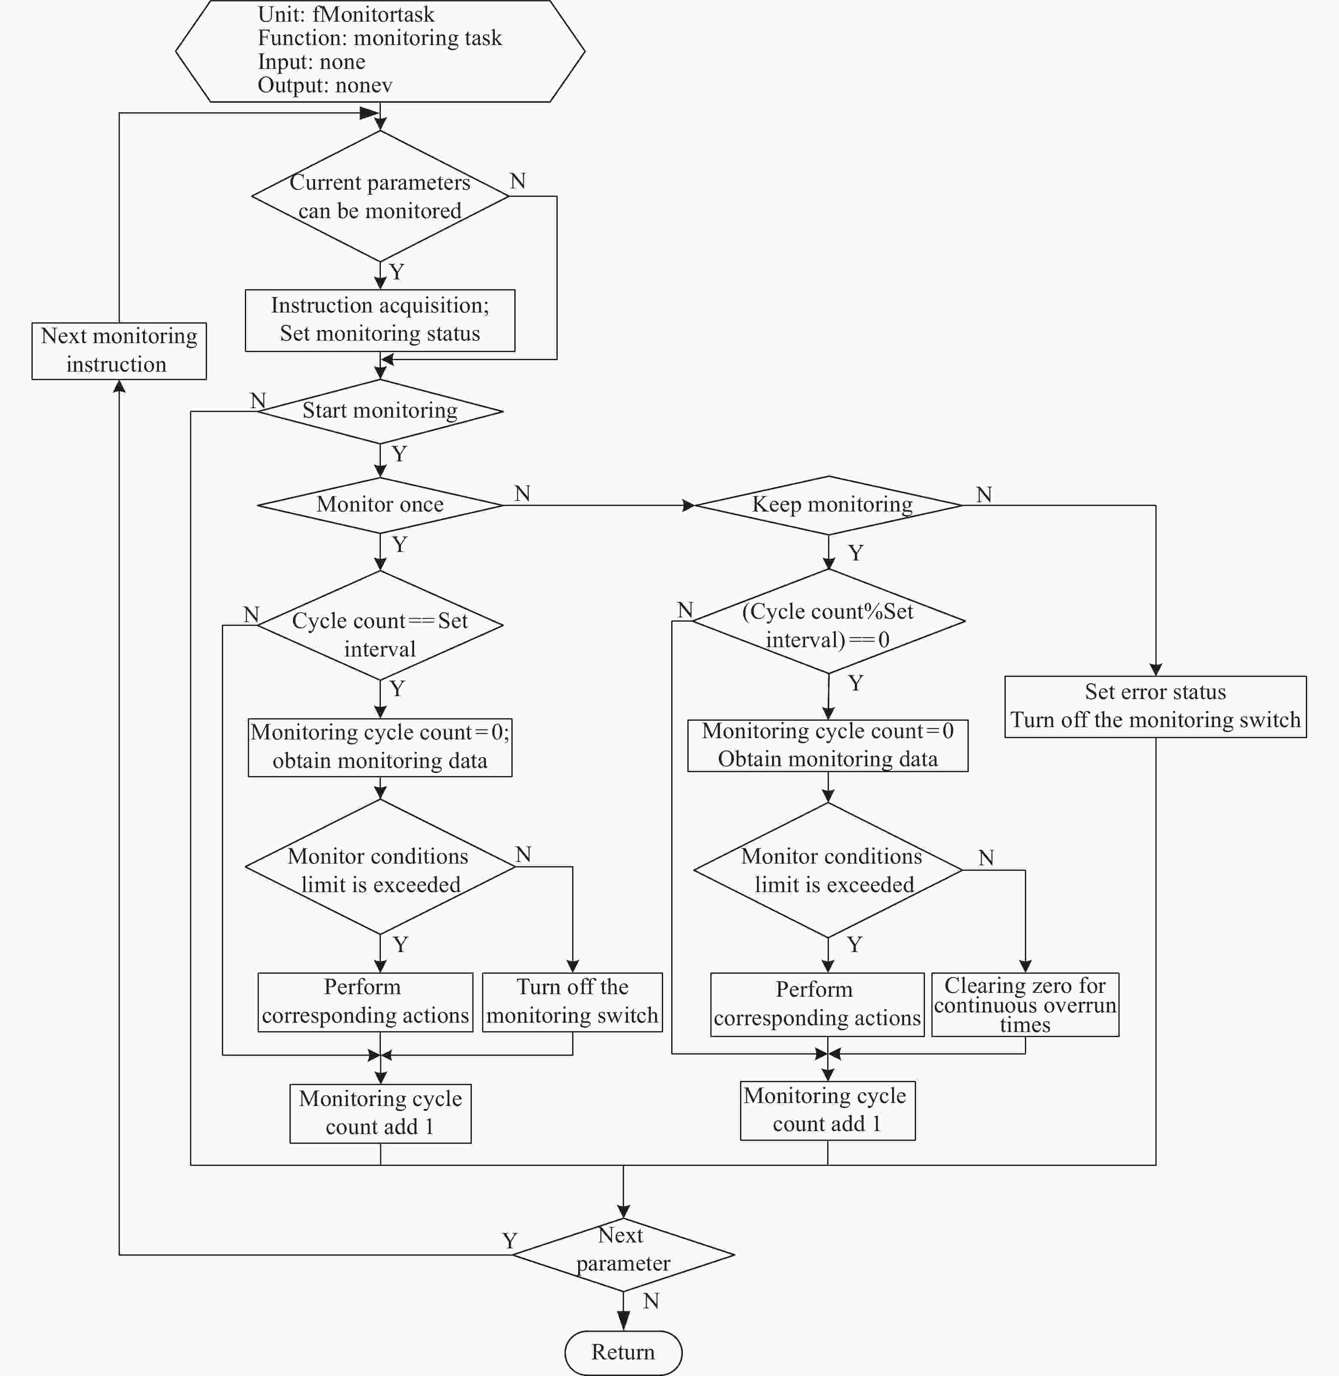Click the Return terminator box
click(x=623, y=1352)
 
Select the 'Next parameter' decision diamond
click(x=623, y=1254)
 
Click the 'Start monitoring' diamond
click(x=380, y=412)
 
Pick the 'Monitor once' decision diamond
click(x=380, y=505)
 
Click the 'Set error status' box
click(x=1155, y=706)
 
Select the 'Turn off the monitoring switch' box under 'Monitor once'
click(x=573, y=1002)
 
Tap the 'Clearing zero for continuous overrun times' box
click(x=1025, y=1004)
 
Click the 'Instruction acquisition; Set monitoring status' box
click(x=380, y=320)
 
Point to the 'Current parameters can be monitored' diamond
click(x=380, y=196)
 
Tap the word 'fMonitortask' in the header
click(x=373, y=14)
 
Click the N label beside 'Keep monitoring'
click(x=984, y=495)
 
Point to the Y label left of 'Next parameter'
click(x=510, y=1240)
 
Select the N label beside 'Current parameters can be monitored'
click(x=518, y=181)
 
